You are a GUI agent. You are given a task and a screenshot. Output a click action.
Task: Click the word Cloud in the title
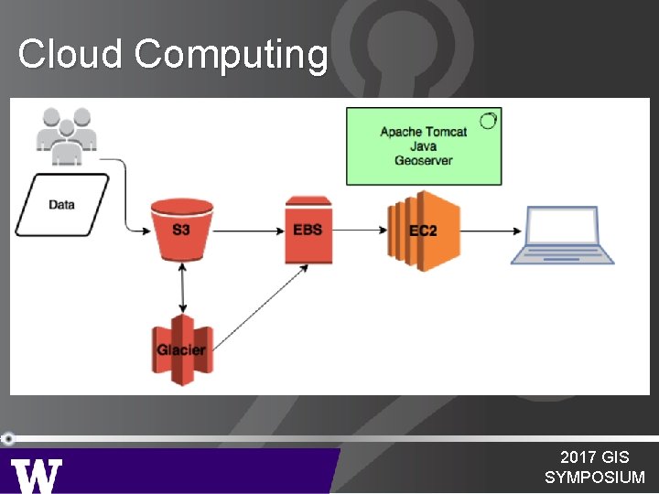point(70,54)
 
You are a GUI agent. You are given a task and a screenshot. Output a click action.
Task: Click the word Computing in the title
point(231,56)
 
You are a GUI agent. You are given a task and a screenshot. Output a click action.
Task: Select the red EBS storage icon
point(308,229)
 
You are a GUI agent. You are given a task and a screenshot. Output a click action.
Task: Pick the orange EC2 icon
point(422,230)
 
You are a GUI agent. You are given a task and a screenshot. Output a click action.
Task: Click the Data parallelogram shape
point(61,205)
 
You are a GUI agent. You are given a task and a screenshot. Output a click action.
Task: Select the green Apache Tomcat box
point(424,146)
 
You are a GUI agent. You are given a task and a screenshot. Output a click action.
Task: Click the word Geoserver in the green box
point(424,161)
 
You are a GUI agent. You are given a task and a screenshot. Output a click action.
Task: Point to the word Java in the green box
point(424,146)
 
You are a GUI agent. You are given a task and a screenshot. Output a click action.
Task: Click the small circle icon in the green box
point(489,120)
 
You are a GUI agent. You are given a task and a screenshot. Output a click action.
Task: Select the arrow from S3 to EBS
point(247,231)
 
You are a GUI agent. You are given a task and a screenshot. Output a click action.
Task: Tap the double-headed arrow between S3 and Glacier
point(184,286)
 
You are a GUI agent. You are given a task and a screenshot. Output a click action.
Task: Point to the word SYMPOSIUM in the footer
point(594,478)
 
